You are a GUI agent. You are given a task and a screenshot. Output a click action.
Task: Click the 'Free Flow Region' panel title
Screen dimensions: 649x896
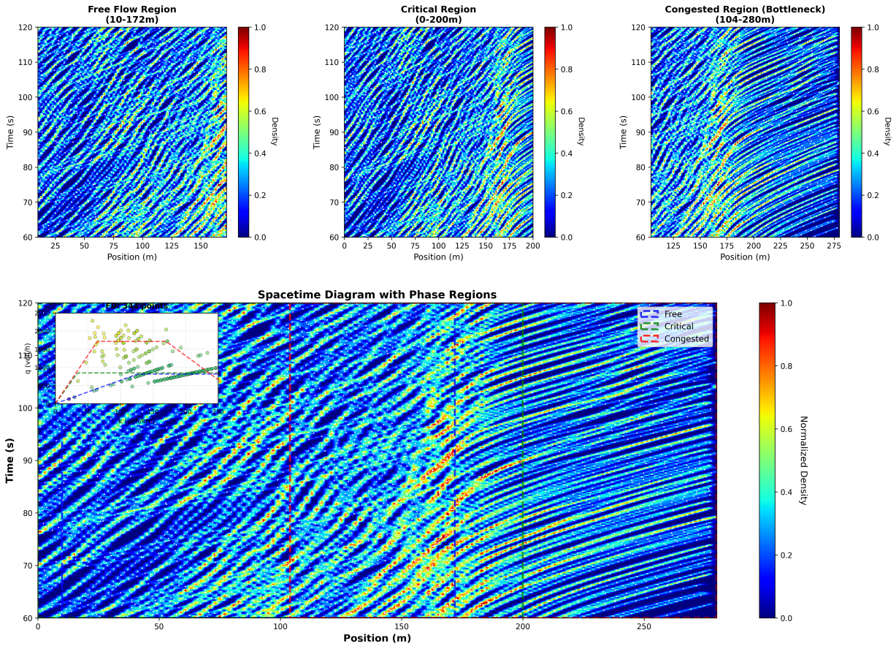tap(131, 10)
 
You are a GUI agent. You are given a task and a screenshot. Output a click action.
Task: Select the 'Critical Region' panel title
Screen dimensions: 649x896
tap(438, 10)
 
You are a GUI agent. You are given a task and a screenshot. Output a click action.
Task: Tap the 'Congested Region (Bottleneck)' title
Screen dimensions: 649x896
tap(745, 10)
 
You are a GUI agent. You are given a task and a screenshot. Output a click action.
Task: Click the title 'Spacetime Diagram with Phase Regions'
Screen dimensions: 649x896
tap(377, 295)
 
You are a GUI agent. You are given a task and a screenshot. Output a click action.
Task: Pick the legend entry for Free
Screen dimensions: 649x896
tap(673, 314)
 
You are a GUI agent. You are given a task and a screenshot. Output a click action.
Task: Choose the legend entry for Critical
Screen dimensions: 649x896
tap(677, 327)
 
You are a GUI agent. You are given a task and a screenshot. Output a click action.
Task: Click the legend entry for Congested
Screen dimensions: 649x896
tap(686, 339)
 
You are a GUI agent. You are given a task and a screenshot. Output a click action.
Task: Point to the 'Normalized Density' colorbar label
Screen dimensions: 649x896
tap(803, 460)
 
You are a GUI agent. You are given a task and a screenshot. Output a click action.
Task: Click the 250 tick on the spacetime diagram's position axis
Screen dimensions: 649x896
tap(644, 627)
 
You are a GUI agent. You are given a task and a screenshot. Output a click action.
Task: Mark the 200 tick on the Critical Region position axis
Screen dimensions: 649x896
tap(532, 246)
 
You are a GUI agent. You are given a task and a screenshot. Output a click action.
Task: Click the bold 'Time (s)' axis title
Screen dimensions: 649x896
tap(10, 460)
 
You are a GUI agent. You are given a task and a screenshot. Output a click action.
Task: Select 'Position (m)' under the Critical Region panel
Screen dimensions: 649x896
tap(438, 257)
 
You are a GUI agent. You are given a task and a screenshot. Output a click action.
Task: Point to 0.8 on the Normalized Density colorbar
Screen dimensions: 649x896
tap(787, 366)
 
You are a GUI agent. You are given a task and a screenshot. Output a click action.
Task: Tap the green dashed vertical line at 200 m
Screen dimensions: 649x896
tap(523, 512)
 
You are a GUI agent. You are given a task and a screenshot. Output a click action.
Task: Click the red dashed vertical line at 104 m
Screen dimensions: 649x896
tap(290, 512)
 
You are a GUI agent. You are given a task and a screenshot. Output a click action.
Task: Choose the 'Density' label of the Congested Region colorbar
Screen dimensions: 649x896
tap(887, 132)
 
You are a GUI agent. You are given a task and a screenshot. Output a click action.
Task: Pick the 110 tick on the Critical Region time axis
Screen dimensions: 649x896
tap(332, 62)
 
